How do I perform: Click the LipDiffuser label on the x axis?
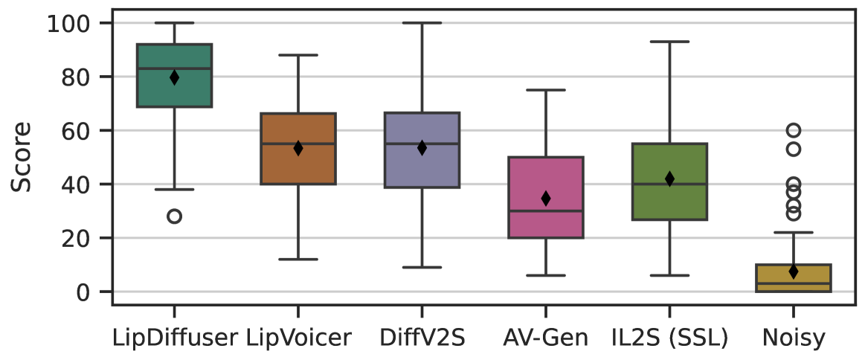click(x=174, y=338)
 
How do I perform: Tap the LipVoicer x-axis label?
click(x=298, y=338)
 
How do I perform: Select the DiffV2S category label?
click(x=422, y=338)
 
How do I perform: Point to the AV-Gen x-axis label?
click(x=545, y=338)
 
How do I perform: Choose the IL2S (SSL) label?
click(x=669, y=338)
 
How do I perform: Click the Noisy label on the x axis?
click(x=794, y=338)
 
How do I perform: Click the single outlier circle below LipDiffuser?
click(x=174, y=216)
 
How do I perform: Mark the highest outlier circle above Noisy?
click(x=794, y=130)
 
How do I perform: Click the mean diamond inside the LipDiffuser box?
click(x=174, y=77)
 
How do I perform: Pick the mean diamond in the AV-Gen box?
click(x=545, y=199)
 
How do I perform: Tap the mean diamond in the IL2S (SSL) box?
click(x=669, y=179)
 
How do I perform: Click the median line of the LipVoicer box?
click(x=298, y=144)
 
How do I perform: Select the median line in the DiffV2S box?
click(x=422, y=144)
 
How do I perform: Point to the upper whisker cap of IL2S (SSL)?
click(x=669, y=42)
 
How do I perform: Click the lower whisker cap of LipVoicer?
click(x=298, y=260)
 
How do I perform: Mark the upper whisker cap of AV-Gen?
click(x=545, y=90)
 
